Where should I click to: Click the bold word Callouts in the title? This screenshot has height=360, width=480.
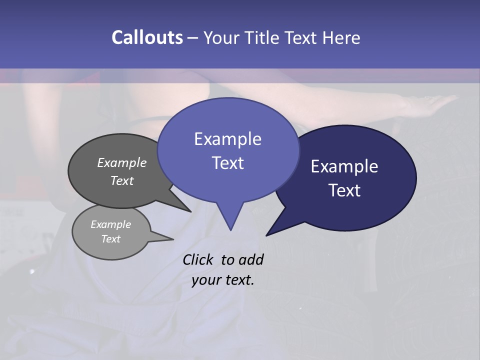click(x=147, y=37)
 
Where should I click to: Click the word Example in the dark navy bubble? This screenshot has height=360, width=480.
click(x=344, y=166)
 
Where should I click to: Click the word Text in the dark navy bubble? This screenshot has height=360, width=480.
click(x=344, y=190)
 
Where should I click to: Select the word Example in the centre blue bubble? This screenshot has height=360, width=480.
click(x=227, y=139)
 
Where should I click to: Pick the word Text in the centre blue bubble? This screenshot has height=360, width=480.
click(x=227, y=163)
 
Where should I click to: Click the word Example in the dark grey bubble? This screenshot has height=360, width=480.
click(x=121, y=162)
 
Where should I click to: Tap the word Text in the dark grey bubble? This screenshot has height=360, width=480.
click(x=121, y=180)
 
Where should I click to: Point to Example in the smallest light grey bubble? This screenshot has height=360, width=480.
click(x=110, y=224)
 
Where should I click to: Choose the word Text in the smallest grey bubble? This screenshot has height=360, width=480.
click(x=110, y=239)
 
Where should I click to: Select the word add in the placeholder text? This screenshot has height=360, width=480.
click(x=251, y=259)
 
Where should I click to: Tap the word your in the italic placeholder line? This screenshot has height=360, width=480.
click(x=205, y=280)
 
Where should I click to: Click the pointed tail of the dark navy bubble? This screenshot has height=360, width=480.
click(x=267, y=234)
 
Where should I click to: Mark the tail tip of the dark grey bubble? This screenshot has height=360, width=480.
click(x=190, y=211)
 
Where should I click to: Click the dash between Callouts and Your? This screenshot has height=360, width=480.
click(x=193, y=38)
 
